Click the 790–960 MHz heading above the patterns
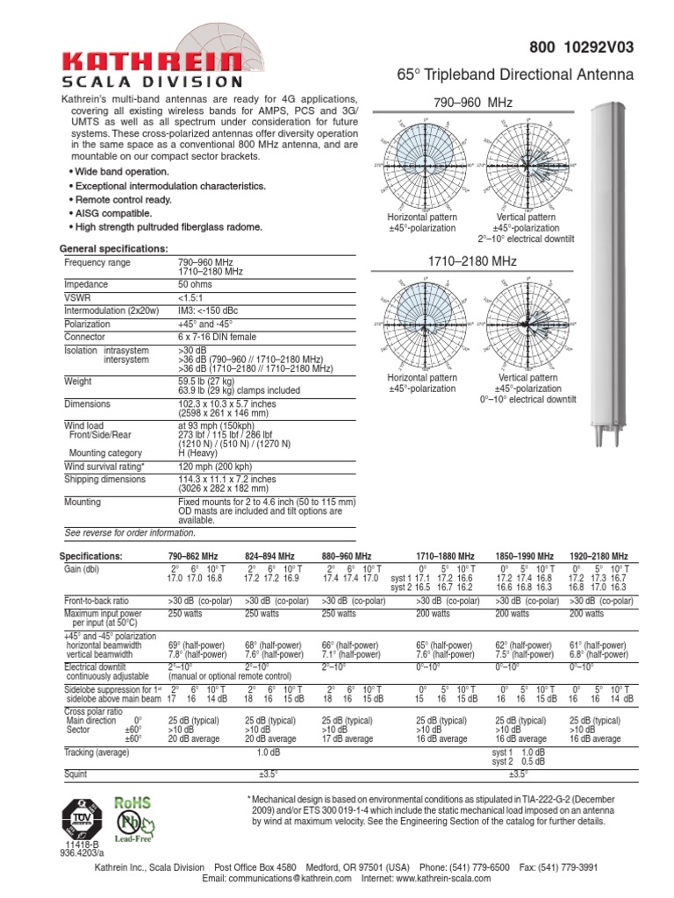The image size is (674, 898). tap(470, 103)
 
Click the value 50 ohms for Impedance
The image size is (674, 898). tap(196, 285)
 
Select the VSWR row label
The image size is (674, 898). tap(78, 298)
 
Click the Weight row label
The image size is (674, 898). tap(78, 382)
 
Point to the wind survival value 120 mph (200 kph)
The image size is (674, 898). tap(215, 467)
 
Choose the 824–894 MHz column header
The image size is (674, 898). tap(269, 556)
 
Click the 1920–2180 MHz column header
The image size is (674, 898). tap(599, 556)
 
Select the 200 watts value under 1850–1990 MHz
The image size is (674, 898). tap(513, 614)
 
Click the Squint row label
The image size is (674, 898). tap(76, 774)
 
